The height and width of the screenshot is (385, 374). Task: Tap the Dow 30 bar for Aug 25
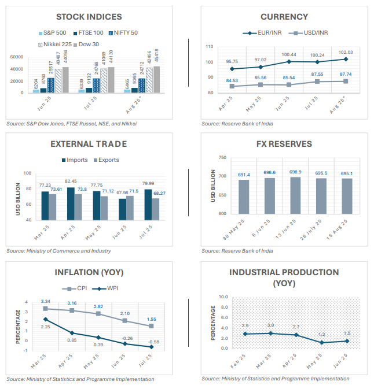pos(156,79)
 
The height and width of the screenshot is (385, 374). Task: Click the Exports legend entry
pos(105,160)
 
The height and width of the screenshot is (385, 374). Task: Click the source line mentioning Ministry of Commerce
pos(58,251)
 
